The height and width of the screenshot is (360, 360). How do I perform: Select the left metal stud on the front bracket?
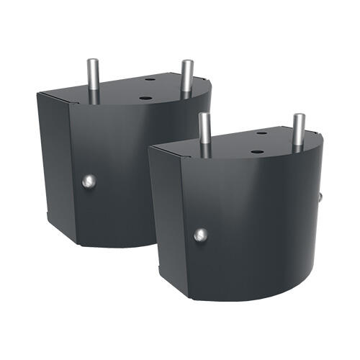pyautogui.click(x=204, y=133)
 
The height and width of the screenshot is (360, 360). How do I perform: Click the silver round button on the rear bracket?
pyautogui.click(x=87, y=181)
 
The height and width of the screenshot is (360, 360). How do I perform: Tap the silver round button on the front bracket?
pyautogui.click(x=201, y=234)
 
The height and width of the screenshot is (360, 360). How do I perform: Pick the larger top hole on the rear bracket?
pyautogui.click(x=145, y=97)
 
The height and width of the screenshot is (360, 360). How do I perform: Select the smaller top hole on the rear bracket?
pyautogui.click(x=150, y=79)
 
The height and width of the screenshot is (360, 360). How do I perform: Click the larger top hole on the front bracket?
pyautogui.click(x=257, y=153)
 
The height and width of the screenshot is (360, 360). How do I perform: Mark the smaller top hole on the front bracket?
pyautogui.click(x=261, y=134)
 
